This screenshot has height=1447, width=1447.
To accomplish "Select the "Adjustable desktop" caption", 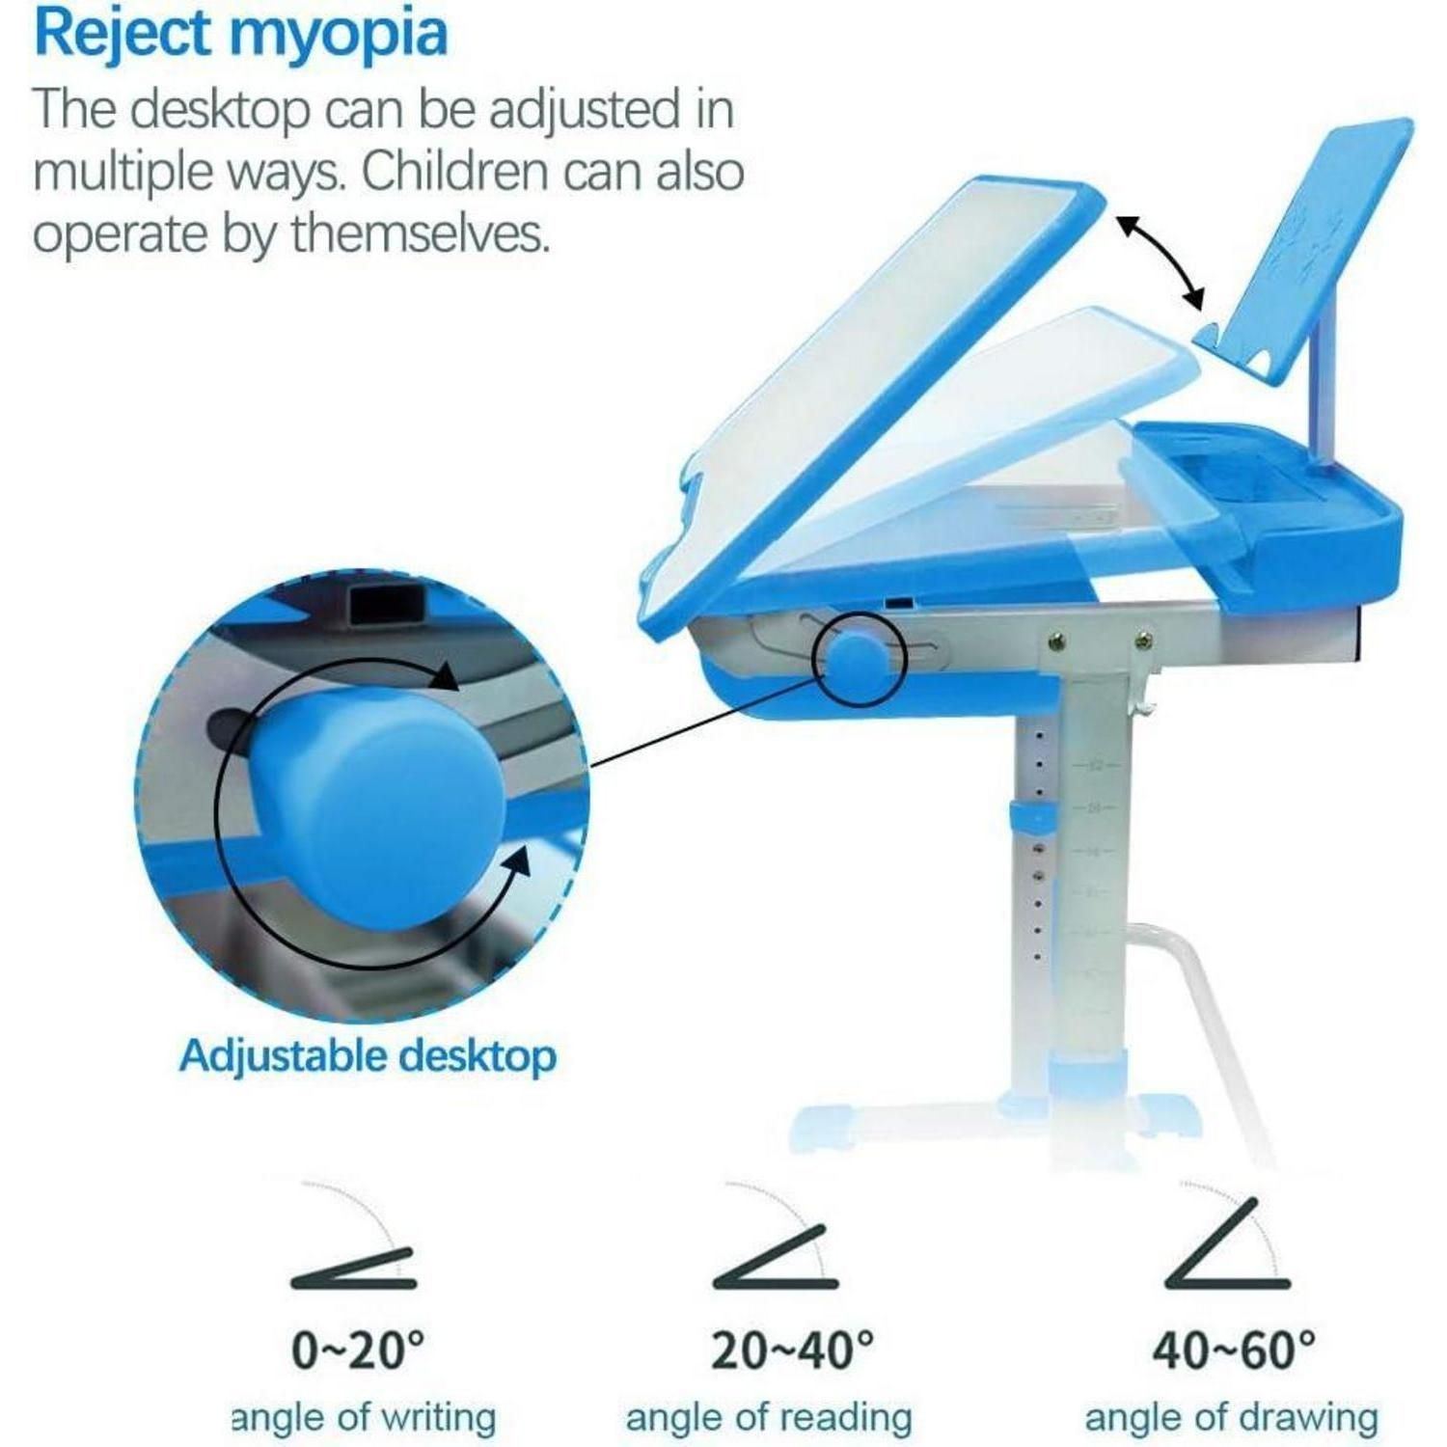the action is coord(368,1055).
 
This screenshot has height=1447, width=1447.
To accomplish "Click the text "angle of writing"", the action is coord(364,1418).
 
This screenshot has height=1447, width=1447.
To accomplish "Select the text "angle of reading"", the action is coord(769,1418).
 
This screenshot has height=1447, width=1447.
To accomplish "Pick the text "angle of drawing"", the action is coord(1232,1418).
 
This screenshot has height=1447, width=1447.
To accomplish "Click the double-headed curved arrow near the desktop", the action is coord(1161,259).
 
